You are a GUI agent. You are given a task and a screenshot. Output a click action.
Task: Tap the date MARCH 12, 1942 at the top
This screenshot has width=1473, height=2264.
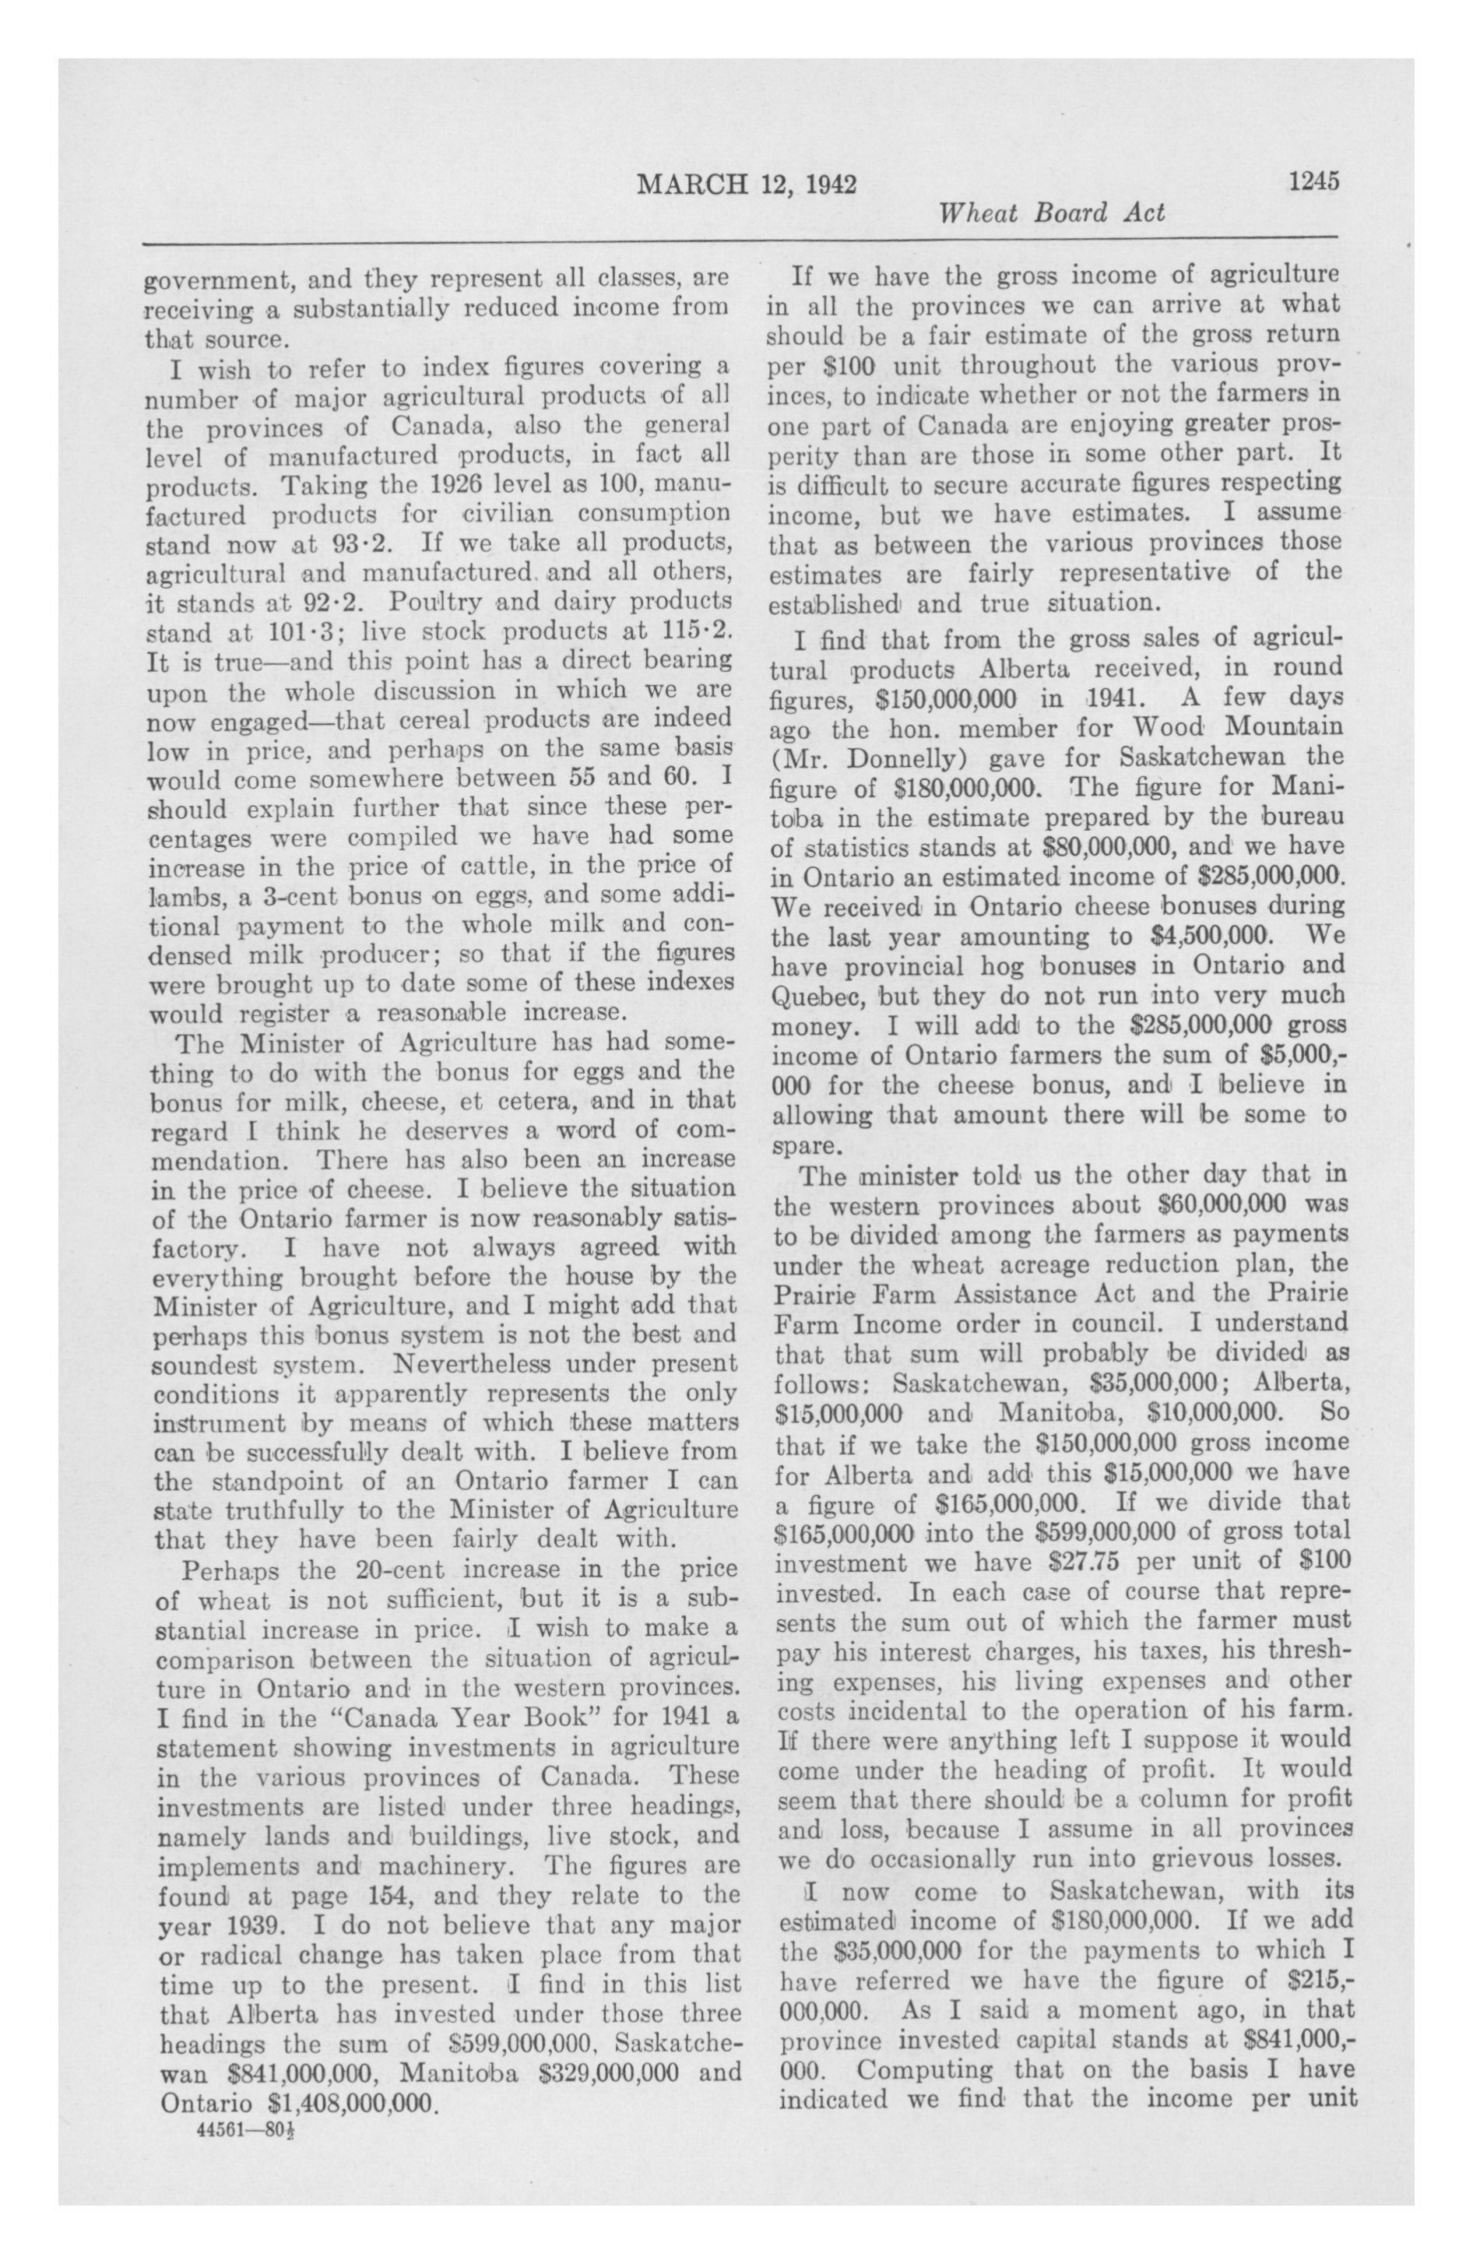click(746, 184)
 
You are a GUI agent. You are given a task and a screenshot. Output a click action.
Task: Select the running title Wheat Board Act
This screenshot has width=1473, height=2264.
click(1052, 213)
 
